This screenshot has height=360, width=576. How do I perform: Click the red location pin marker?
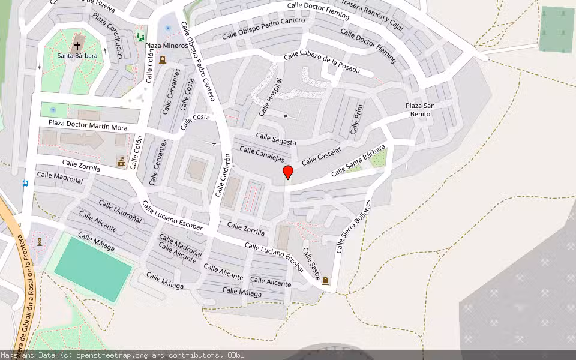pyautogui.click(x=288, y=172)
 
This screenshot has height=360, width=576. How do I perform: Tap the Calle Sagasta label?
pyautogui.click(x=276, y=139)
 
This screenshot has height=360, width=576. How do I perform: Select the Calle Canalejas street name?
pyautogui.click(x=262, y=154)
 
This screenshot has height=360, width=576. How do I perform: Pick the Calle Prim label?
pyautogui.click(x=356, y=119)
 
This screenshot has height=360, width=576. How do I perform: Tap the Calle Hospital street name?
pyautogui.click(x=270, y=97)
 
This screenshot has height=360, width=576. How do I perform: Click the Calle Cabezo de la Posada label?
pyautogui.click(x=321, y=62)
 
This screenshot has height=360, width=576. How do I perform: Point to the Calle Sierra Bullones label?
pyautogui.click(x=353, y=226)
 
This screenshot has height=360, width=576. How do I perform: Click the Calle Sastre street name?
pyautogui.click(x=311, y=263)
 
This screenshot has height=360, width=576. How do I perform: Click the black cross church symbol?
pyautogui.click(x=77, y=46)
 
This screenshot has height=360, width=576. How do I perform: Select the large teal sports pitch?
pyautogui.click(x=93, y=269)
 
